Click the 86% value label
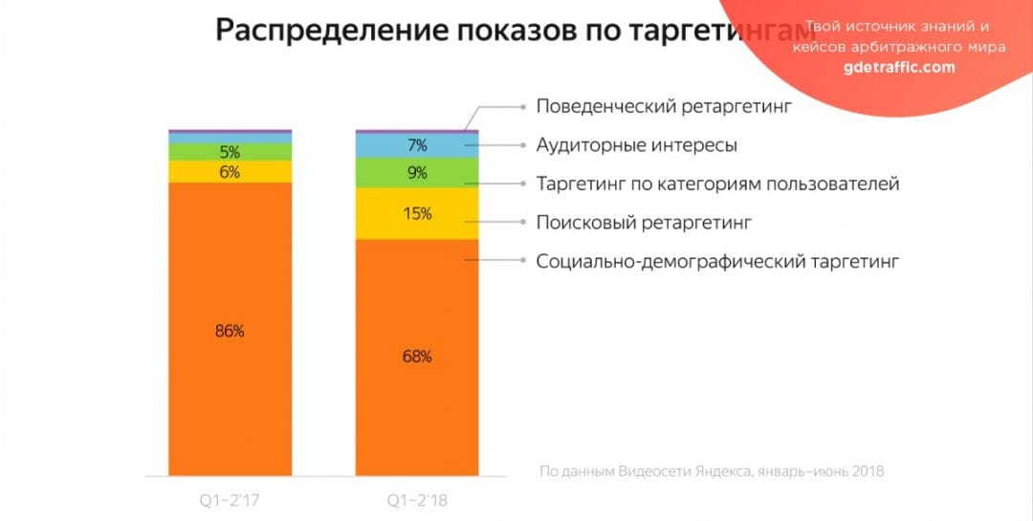tap(230, 332)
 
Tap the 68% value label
tap(417, 357)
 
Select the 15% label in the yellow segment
tap(417, 214)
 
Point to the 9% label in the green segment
tap(417, 173)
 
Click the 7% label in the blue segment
tap(417, 145)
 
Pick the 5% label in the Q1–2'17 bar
tap(230, 152)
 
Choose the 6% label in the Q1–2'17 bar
tap(230, 172)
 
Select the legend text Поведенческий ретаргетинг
tap(665, 106)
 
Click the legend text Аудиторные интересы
tap(636, 145)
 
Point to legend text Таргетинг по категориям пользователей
tap(717, 184)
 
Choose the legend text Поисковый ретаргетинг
tap(644, 223)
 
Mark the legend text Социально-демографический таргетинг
tap(717, 261)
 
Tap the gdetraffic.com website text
tap(899, 67)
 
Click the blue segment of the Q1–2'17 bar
tap(230, 138)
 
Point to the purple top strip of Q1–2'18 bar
tap(417, 130)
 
